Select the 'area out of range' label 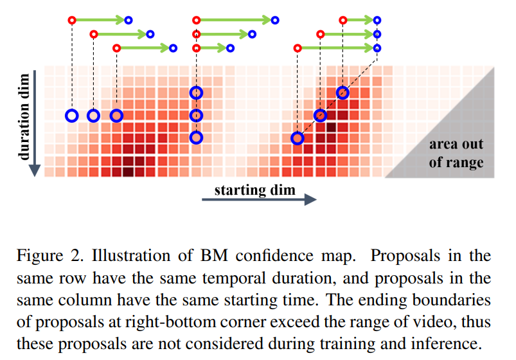pyautogui.click(x=456, y=153)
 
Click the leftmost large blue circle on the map pyautogui.click(x=72, y=116)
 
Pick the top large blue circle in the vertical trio pyautogui.click(x=196, y=93)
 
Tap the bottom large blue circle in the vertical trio pyautogui.click(x=196, y=138)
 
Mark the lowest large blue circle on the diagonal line pyautogui.click(x=297, y=138)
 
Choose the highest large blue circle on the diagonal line pyautogui.click(x=343, y=93)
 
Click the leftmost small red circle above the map pyautogui.click(x=72, y=20)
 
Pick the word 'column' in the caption pyautogui.click(x=78, y=300)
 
